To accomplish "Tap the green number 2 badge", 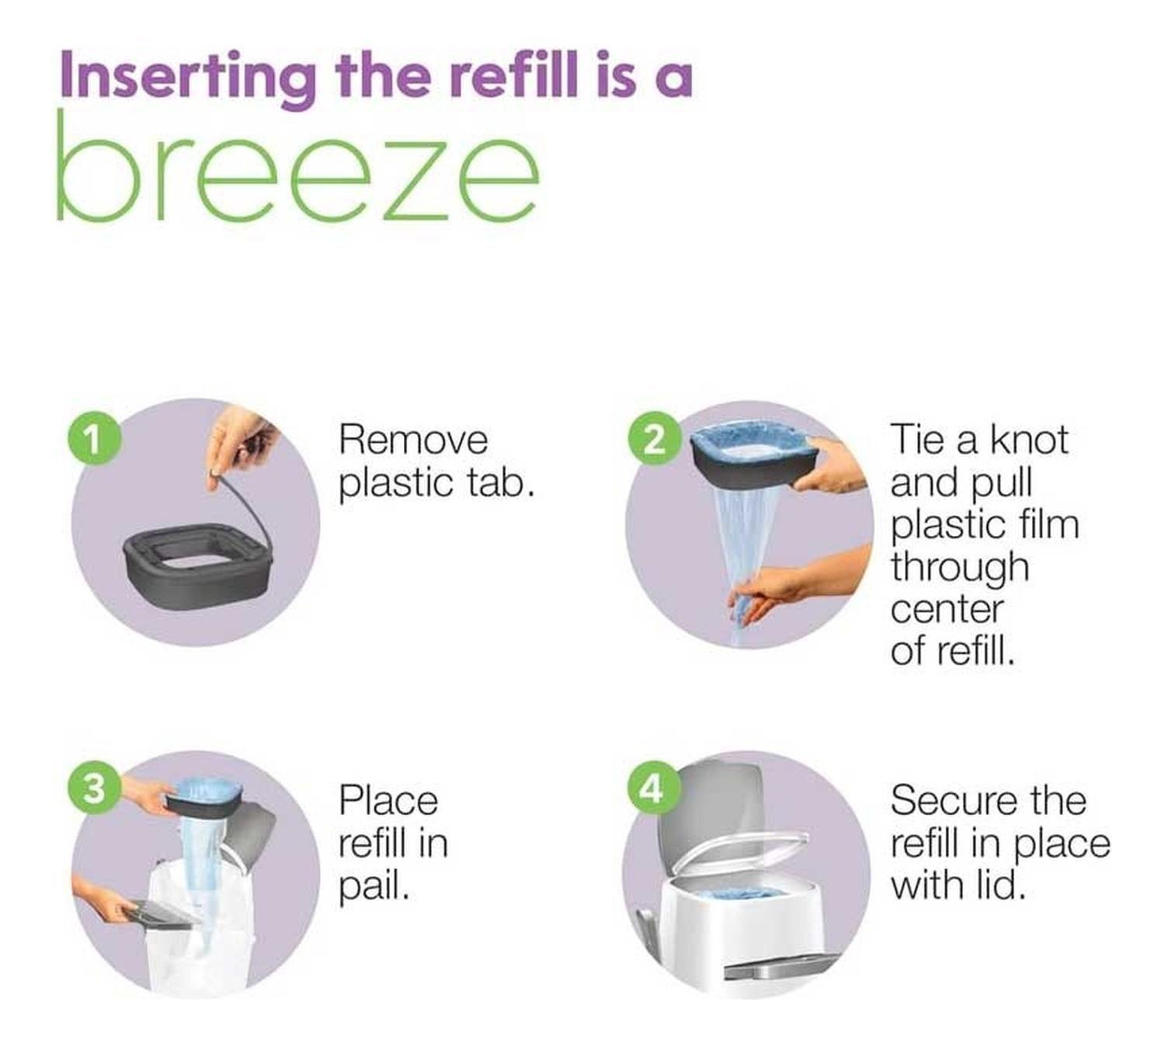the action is [654, 440].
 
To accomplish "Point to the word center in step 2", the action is [948, 610].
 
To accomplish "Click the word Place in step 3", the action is [388, 802].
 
